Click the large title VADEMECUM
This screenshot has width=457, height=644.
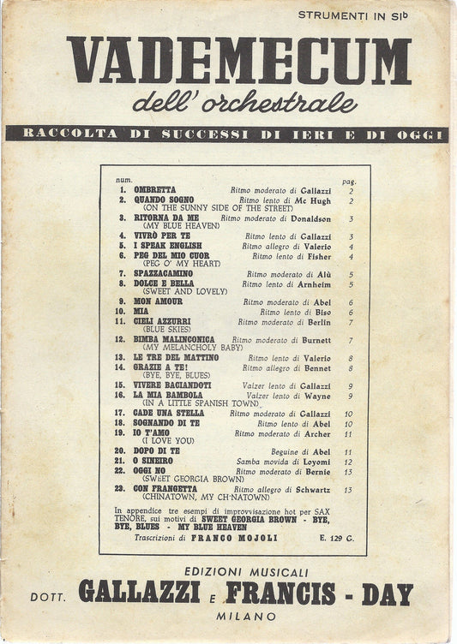pos(239,61)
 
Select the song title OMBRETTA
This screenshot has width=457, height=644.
pos(154,189)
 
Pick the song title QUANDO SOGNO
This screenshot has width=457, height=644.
pos(163,200)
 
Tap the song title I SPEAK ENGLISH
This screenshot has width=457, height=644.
pos(167,246)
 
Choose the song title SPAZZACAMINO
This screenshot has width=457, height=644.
pos(163,273)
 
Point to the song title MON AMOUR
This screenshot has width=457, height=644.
pos(158,302)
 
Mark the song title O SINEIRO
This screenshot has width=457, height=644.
pos(153,460)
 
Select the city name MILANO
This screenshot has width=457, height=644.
pos(245,616)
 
